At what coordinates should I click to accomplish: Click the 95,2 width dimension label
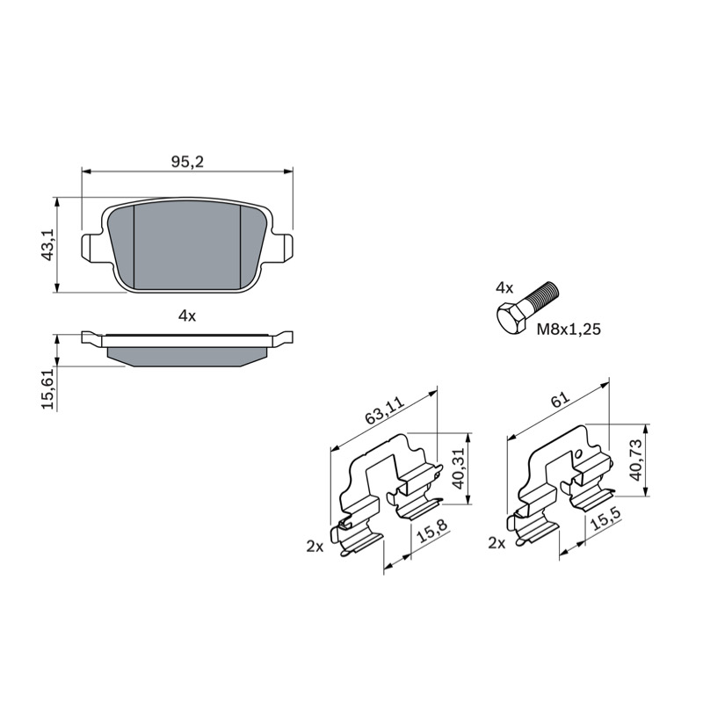point(187,162)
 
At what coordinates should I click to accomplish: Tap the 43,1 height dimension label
point(47,244)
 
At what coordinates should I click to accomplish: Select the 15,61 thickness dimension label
point(47,388)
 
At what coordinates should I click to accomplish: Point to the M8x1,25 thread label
point(569,330)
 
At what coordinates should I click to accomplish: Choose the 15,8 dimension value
point(431,531)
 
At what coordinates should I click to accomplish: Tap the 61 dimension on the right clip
point(561,400)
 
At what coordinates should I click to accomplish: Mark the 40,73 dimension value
point(635,460)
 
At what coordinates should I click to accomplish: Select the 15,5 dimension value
point(606,518)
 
